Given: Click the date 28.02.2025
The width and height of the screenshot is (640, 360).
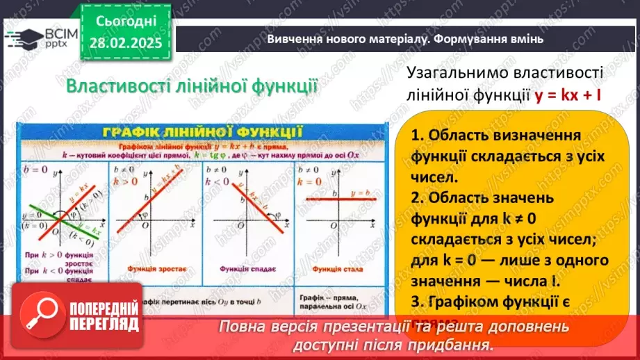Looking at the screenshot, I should tap(126, 43).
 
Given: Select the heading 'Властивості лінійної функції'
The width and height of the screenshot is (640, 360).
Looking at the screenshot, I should tap(191, 88).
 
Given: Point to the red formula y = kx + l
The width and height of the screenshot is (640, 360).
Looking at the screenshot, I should tap(568, 95).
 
